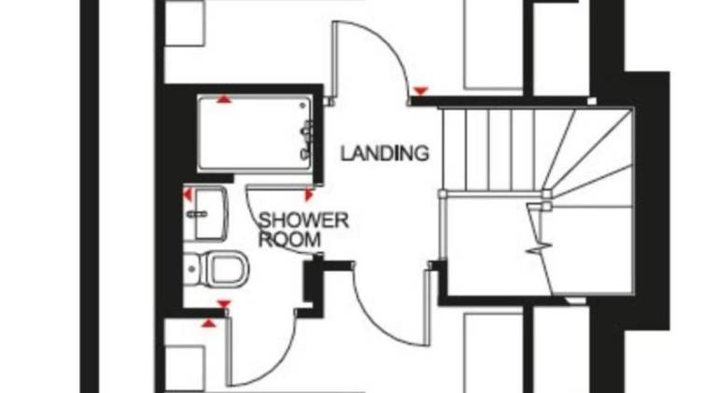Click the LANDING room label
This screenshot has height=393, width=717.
click(x=385, y=153)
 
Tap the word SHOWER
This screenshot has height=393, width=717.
click(x=303, y=220)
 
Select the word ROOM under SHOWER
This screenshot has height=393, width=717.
click(x=289, y=240)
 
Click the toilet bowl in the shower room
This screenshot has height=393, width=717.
click(x=226, y=269)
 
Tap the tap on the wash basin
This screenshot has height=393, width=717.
click(x=197, y=214)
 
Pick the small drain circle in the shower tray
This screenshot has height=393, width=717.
click(x=302, y=106)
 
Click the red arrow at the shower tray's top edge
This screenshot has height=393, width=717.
click(x=224, y=98)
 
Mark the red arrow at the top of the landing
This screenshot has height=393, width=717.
click(x=420, y=91)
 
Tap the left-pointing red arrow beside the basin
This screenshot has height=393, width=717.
click(x=188, y=195)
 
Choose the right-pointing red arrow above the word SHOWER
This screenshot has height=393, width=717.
click(x=309, y=195)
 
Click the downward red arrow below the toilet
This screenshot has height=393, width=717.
click(x=224, y=304)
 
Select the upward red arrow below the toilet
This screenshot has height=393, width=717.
click(x=208, y=324)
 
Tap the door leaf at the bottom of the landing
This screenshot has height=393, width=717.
click(x=428, y=307)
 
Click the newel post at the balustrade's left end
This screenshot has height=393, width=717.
click(x=443, y=194)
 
